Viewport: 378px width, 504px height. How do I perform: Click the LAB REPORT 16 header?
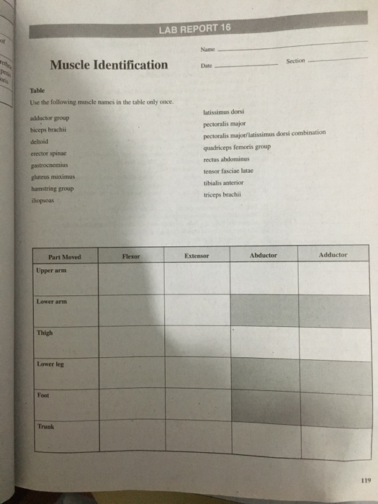[x=196, y=28]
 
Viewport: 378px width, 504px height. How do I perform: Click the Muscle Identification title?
[x=109, y=65]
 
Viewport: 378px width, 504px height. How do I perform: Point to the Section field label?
[x=295, y=61]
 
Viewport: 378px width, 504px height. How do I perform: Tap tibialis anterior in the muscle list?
[x=223, y=183]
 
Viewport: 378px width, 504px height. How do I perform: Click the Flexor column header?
[x=131, y=256]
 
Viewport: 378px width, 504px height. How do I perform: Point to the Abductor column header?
[x=263, y=255]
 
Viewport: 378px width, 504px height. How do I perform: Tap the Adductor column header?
[x=333, y=254]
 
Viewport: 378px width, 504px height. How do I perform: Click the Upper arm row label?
[x=50, y=270]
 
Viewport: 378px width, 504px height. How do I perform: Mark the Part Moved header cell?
[x=64, y=257]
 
